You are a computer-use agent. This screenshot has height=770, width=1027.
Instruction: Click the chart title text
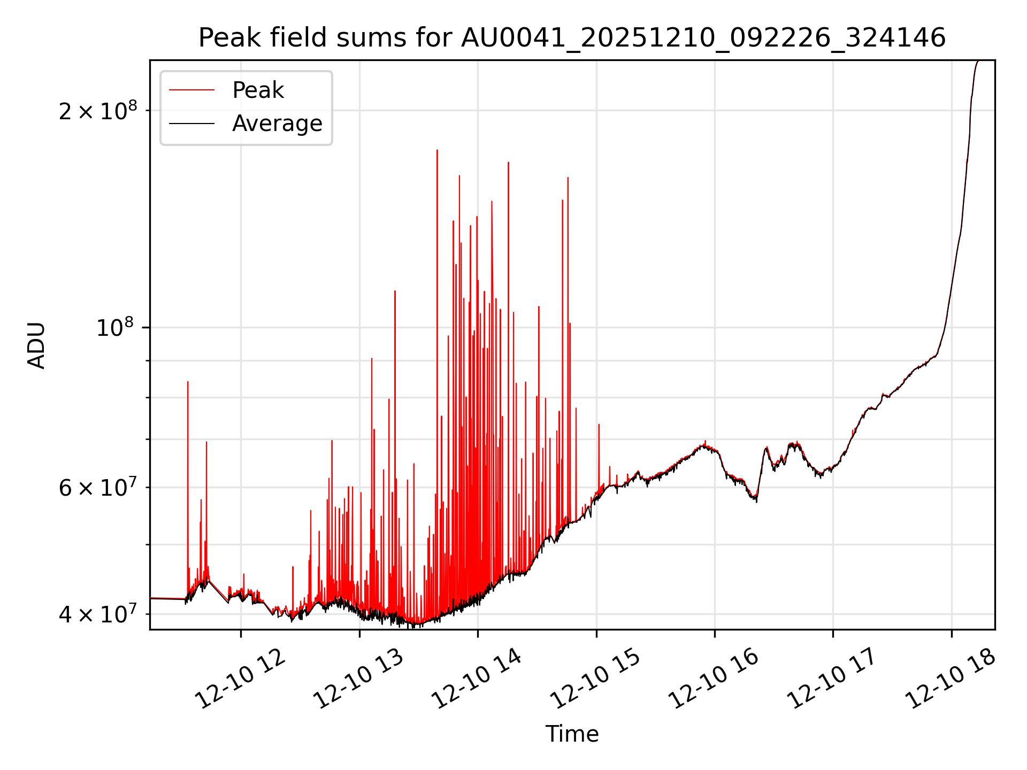point(572,38)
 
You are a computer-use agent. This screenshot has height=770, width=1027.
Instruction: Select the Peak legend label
point(258,90)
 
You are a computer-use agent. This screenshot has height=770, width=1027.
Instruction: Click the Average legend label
point(277,124)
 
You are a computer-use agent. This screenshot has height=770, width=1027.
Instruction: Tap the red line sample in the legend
point(191,90)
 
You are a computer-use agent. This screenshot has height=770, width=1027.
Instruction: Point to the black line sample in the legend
point(191,124)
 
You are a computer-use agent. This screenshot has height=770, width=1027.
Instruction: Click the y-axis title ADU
point(36,345)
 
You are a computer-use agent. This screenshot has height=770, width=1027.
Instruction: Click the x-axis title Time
point(572,734)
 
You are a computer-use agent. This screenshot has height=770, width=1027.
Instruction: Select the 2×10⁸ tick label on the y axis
point(98,111)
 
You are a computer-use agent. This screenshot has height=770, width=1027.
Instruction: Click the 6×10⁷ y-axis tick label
point(98,487)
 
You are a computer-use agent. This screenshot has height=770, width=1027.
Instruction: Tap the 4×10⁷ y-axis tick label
point(98,614)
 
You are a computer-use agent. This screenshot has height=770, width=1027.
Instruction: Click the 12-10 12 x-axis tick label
point(241,678)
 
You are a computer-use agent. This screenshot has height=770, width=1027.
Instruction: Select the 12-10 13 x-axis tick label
point(359,678)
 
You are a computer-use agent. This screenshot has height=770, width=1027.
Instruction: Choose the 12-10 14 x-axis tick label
point(477,678)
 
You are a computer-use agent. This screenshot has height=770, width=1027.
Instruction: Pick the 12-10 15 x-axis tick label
point(596,678)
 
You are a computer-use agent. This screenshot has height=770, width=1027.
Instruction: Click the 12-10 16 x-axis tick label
point(714,678)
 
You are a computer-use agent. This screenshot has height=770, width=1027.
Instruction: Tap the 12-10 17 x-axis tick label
point(832,678)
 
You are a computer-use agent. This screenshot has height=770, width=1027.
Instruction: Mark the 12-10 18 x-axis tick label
point(951,678)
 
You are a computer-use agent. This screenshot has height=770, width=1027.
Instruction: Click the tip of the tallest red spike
point(437,150)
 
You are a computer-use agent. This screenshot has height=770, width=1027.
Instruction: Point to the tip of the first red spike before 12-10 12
point(188,382)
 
